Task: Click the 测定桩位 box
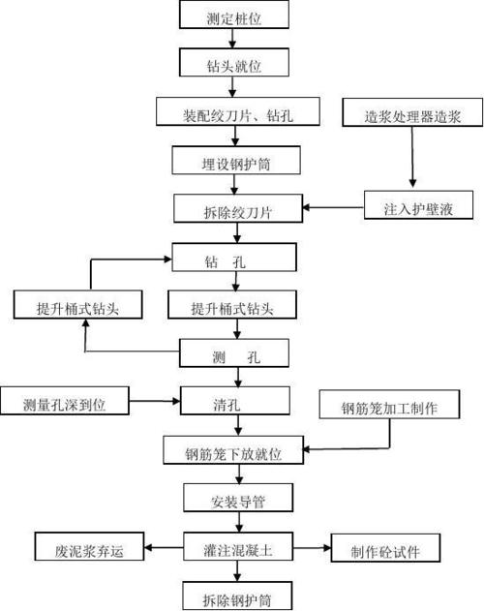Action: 233,16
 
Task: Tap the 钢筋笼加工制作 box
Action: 388,406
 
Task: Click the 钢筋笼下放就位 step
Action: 233,450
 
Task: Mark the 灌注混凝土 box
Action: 233,547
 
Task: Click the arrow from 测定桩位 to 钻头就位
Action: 233,40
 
